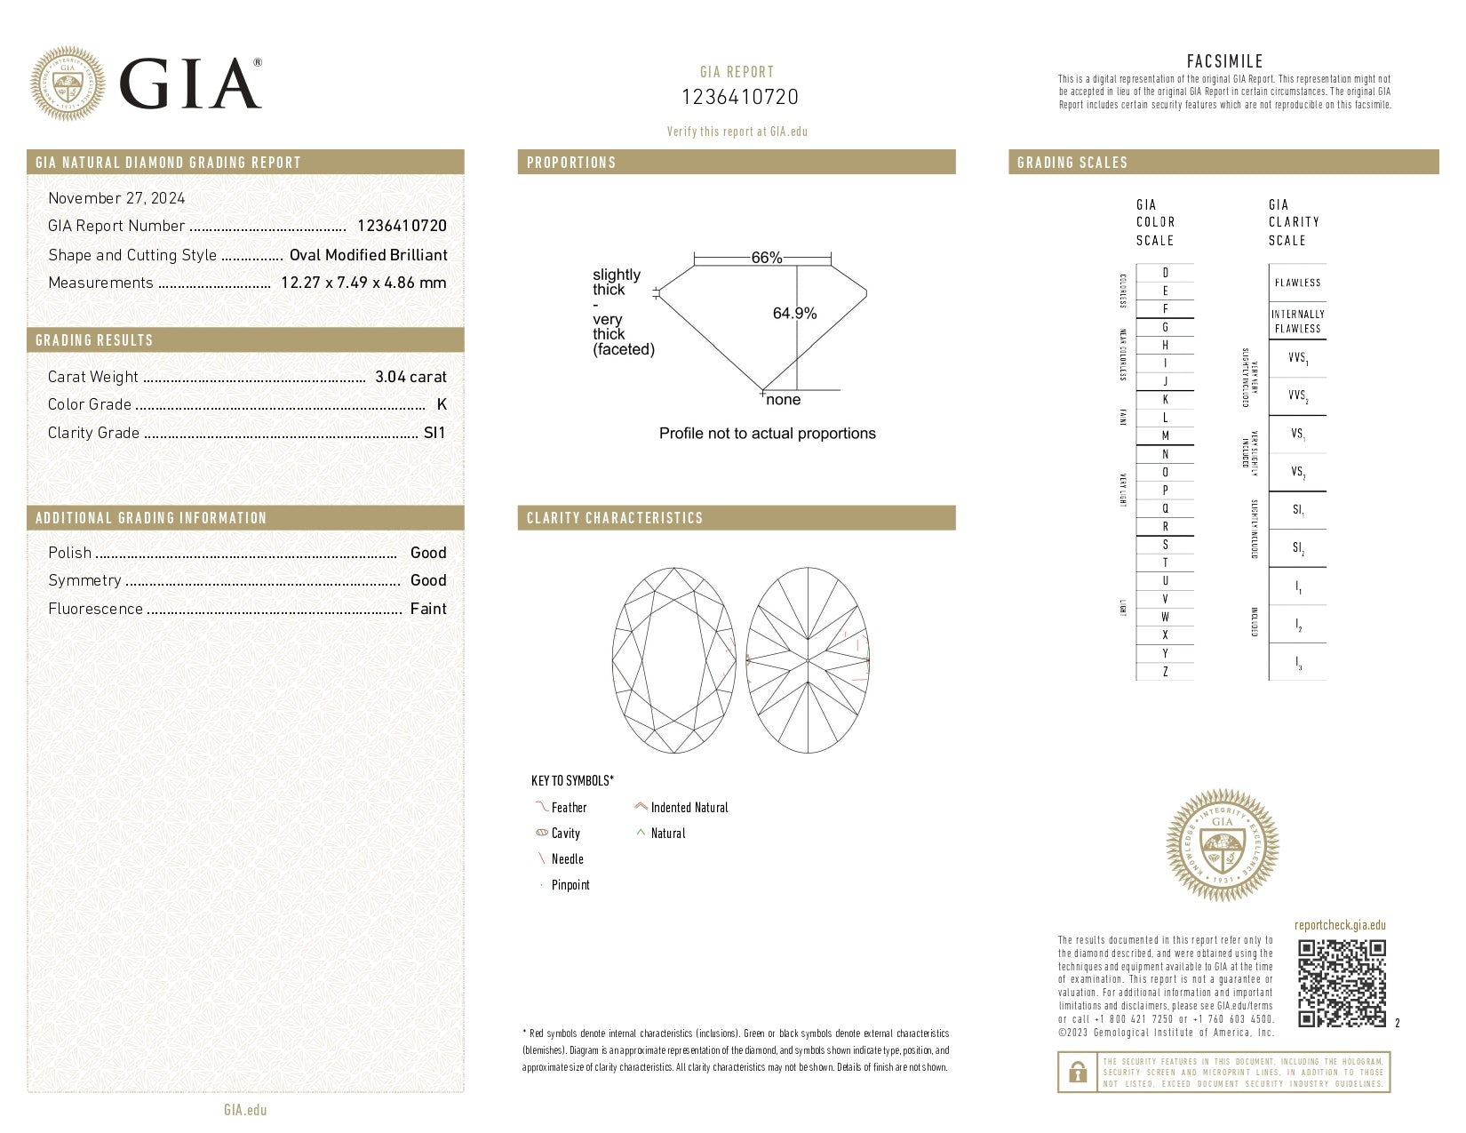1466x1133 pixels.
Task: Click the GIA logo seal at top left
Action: coord(67,84)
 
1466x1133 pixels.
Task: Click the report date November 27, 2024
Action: coord(116,198)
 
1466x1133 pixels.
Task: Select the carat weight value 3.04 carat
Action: coord(410,377)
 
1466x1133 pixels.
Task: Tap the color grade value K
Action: coord(442,404)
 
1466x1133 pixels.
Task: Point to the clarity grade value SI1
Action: coord(434,433)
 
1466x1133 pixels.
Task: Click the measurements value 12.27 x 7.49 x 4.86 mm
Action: coord(363,283)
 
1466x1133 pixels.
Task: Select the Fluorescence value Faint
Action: coord(428,609)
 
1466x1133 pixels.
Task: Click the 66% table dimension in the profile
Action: coord(766,258)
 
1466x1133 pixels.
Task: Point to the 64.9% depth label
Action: coord(794,313)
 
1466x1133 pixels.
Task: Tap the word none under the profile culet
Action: coord(783,400)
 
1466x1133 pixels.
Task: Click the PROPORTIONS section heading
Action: coord(571,163)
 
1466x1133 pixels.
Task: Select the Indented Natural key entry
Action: coord(689,808)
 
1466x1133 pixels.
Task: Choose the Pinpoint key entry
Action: coord(570,885)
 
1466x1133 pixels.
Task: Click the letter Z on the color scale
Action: coord(1165,672)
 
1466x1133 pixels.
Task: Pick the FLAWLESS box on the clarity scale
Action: coord(1297,283)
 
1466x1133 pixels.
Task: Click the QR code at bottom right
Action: coord(1342,983)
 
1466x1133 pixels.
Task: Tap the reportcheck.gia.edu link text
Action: coord(1340,925)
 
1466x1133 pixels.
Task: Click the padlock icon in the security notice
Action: coord(1078,1073)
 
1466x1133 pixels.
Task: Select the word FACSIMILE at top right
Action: coord(1224,61)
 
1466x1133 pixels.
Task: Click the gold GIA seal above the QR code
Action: coord(1222,845)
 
